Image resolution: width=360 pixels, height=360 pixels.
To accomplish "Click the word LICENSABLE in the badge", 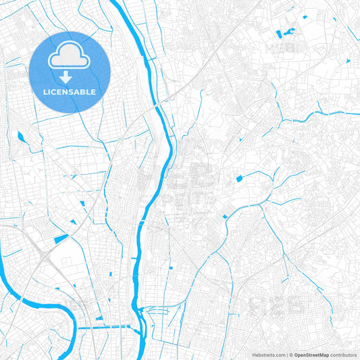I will pyautogui.click(x=69, y=91).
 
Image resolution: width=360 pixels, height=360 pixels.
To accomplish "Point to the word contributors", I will pyautogui.click(x=344, y=354).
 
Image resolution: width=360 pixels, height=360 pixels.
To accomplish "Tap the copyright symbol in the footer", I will pyautogui.click(x=290, y=354).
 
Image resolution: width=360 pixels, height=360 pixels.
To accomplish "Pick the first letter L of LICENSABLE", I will pyautogui.click(x=44, y=91).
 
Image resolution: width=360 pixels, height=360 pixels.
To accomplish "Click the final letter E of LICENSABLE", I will pyautogui.click(x=94, y=91).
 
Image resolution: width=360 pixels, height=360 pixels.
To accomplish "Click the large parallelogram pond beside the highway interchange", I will pyautogui.click(x=61, y=238).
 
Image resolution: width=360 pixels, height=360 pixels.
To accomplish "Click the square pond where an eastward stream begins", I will pyautogui.click(x=238, y=178).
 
